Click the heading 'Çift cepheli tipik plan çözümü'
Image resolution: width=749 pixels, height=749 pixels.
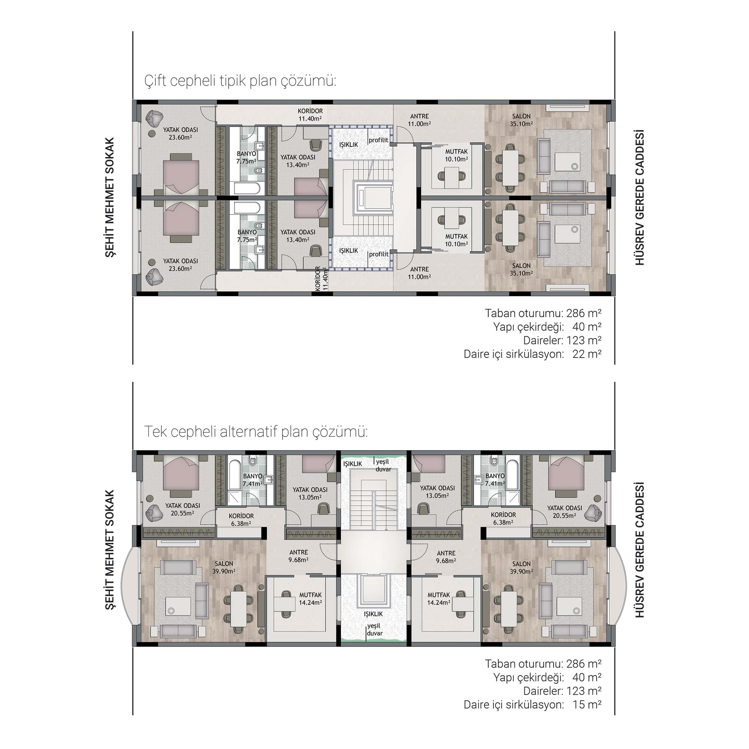(x=240, y=81)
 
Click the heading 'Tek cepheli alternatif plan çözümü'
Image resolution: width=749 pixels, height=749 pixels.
(x=256, y=432)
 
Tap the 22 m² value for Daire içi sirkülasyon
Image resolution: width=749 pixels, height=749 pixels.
(x=587, y=354)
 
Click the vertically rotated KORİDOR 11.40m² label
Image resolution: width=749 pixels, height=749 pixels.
(x=322, y=278)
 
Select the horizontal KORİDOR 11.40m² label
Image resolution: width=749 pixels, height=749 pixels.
(x=310, y=115)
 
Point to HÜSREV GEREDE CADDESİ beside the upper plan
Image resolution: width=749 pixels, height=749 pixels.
(x=640, y=197)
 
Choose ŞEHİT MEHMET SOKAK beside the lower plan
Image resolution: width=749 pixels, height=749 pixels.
(x=110, y=550)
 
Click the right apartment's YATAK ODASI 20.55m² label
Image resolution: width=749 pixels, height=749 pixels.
(x=564, y=512)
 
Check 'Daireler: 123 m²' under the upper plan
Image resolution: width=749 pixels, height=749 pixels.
(x=562, y=340)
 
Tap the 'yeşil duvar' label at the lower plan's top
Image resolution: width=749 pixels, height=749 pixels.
(x=383, y=465)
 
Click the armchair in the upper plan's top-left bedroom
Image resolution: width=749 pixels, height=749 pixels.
(x=155, y=117)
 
